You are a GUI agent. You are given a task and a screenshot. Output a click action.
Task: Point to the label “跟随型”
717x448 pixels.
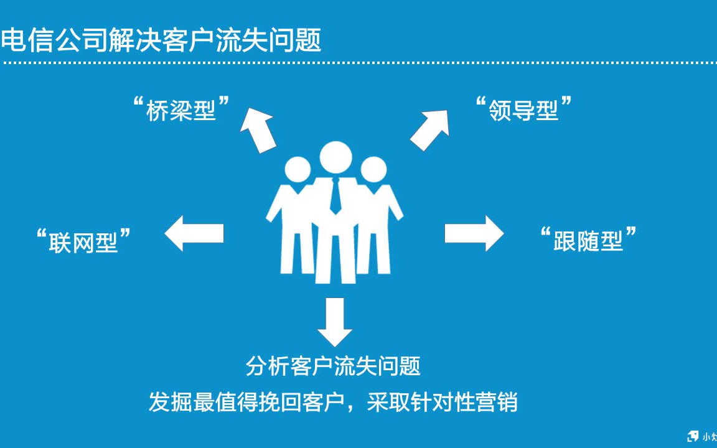pos(588,240)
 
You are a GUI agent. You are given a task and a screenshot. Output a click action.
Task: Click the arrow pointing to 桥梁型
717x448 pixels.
pos(258,129)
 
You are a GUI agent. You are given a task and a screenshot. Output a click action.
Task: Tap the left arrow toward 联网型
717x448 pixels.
pos(194,233)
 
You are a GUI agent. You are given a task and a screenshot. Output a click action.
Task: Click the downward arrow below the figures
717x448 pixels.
pos(335,321)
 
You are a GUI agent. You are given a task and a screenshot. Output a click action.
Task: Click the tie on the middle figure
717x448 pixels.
pos(335,195)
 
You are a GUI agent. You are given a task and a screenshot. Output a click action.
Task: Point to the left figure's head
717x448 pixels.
pos(298,170)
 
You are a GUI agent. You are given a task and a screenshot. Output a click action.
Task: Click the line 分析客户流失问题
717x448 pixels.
pos(334,366)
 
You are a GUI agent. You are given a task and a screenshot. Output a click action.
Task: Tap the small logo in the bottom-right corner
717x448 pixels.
pos(693,436)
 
